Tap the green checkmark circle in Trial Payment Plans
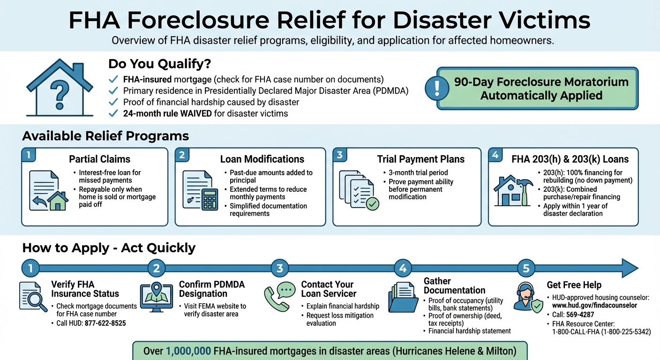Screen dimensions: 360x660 (373, 204)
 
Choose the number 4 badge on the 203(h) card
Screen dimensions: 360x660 (495, 155)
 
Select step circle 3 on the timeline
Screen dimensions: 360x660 (280, 268)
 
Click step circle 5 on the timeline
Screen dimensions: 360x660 (526, 268)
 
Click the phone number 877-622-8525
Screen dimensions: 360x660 (105, 323)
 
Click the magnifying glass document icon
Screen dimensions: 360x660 (33, 297)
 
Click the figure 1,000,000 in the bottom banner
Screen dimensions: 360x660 (188, 351)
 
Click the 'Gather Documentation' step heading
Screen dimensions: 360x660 (447, 285)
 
